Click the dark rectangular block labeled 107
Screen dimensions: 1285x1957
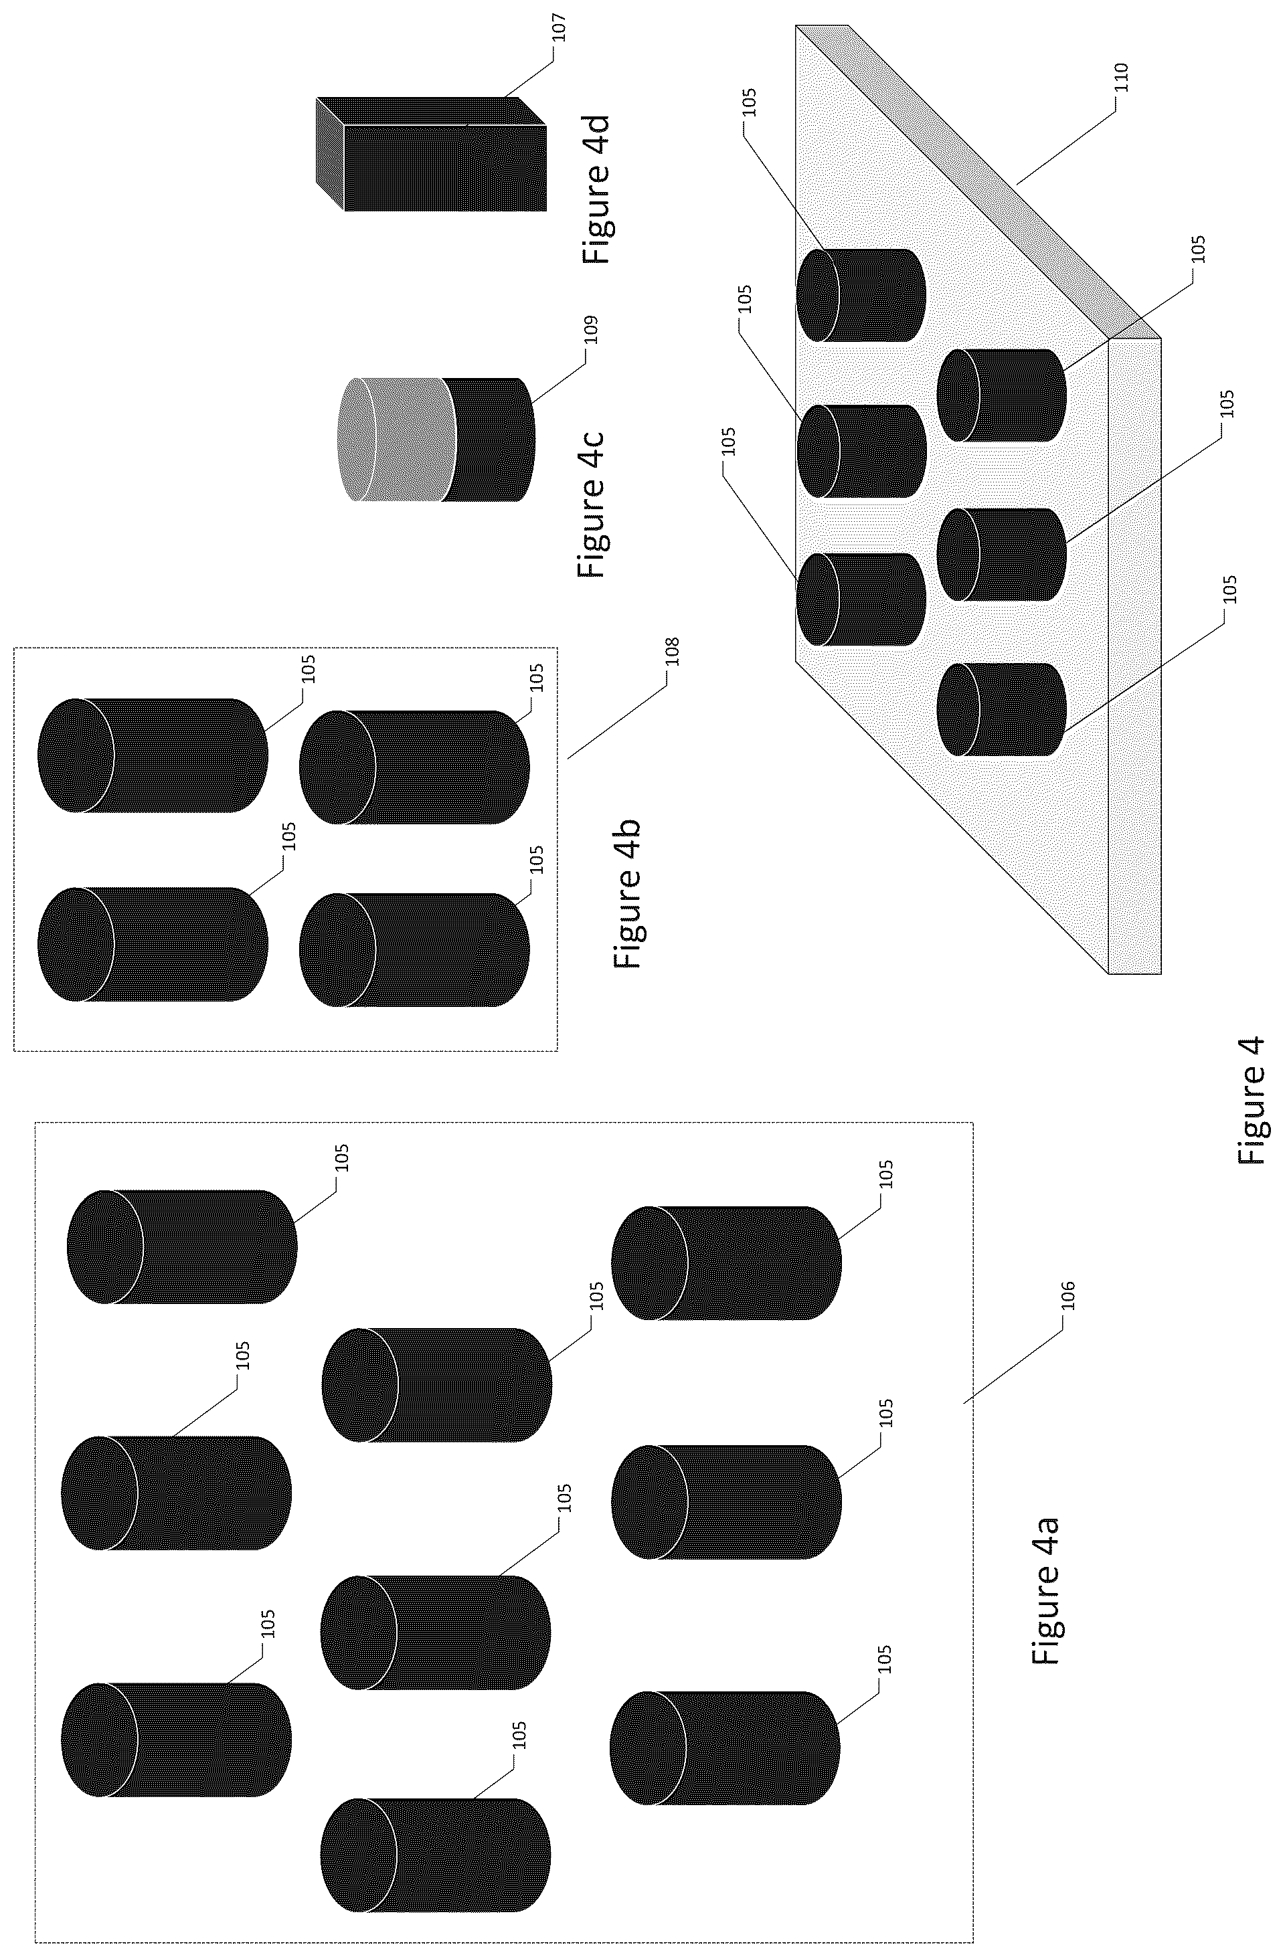pos(445,168)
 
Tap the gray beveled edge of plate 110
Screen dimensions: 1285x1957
pos(978,181)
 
